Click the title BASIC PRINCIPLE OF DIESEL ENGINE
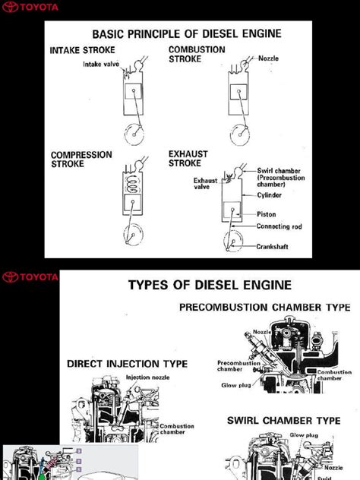(x=186, y=33)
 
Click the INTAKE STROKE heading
(x=83, y=51)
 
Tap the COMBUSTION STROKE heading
(x=197, y=53)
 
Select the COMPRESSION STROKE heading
(x=81, y=159)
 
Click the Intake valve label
(x=102, y=65)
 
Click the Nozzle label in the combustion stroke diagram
(x=268, y=58)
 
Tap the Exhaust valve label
(x=205, y=183)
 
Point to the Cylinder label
(x=270, y=195)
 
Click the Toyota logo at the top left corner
(x=30, y=8)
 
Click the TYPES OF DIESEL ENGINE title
(x=209, y=285)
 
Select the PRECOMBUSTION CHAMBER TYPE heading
(x=264, y=308)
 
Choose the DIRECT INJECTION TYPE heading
(x=127, y=364)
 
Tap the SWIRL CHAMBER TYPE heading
(x=283, y=420)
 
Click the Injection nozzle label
(x=148, y=377)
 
